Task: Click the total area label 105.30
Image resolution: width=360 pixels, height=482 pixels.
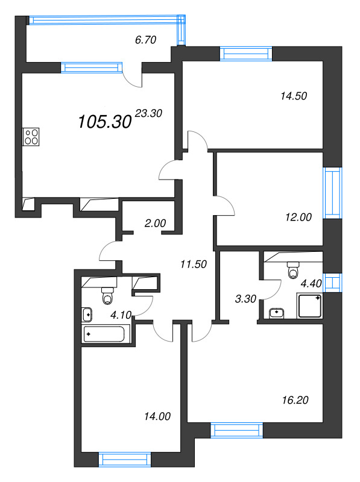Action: [x=104, y=122]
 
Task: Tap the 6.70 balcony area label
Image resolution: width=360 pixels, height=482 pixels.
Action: [x=145, y=40]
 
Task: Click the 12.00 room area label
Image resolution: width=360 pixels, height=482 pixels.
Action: [x=298, y=218]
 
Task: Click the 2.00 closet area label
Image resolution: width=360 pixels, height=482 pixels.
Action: [x=155, y=223]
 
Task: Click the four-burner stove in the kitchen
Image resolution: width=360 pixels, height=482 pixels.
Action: [x=31, y=137]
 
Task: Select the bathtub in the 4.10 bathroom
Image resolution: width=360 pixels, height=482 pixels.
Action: [x=106, y=334]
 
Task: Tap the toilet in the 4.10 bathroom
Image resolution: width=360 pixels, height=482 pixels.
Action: [x=108, y=296]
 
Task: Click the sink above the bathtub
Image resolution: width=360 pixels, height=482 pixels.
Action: [x=87, y=313]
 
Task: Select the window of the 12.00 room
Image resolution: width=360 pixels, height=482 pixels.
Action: [x=332, y=193]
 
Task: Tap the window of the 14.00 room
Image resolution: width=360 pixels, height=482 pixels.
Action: [x=125, y=460]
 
